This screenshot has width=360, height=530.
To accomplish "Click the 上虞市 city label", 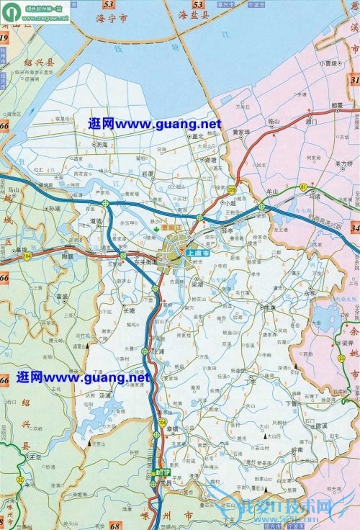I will coord(199,253).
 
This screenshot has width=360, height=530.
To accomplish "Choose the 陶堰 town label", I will coord(68,256).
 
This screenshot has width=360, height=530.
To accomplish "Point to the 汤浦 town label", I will coord(105,395).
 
